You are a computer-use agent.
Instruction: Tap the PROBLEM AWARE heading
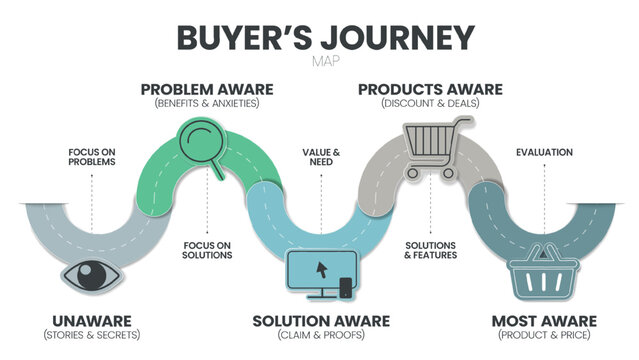206,89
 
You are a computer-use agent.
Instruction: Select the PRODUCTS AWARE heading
432,89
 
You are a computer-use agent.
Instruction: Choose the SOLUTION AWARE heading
319,320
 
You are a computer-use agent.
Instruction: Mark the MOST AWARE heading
544,320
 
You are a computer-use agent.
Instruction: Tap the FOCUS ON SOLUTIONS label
208,250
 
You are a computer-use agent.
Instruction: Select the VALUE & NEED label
321,157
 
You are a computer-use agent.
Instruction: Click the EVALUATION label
544,152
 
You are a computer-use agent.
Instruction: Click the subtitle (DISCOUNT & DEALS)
432,103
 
